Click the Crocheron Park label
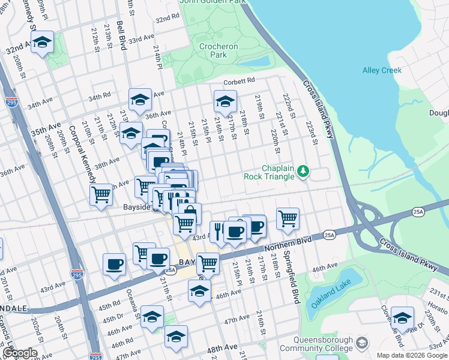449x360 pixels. [x=218, y=50]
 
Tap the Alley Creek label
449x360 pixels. [x=382, y=70]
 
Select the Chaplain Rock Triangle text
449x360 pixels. [x=269, y=172]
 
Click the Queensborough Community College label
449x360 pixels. [x=318, y=343]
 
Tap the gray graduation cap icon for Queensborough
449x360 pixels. [x=361, y=343]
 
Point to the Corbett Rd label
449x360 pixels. [x=240, y=80]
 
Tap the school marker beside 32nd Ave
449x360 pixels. [x=43, y=43]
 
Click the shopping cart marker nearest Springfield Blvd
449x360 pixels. [x=288, y=218]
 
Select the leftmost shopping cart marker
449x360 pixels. [x=101, y=194]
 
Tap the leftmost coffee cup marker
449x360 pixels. [x=114, y=264]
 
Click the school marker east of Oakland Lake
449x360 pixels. [x=402, y=317]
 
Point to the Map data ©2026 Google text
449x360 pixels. [x=411, y=355]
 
